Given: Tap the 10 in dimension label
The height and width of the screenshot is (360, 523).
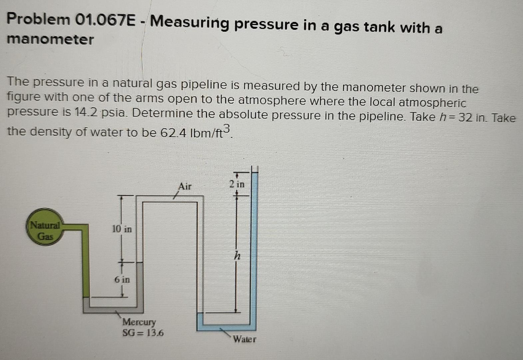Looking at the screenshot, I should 122,229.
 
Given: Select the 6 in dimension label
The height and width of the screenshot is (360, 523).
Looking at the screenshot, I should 122,279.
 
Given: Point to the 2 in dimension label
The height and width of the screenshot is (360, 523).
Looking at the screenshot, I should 237,184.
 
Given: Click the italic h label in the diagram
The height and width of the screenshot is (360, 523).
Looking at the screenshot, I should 237,256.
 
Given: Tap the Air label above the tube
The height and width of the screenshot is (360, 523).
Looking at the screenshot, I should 185,186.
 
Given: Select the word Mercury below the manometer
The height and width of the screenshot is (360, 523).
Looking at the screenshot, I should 139,322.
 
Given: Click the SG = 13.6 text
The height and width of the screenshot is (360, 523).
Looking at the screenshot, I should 143,333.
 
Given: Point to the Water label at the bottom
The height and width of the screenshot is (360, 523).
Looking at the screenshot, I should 245,339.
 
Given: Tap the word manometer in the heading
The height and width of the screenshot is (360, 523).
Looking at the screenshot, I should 50,39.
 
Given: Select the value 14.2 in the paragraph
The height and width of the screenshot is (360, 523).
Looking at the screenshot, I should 85,112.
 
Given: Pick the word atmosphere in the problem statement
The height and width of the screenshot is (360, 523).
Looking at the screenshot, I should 272,100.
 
